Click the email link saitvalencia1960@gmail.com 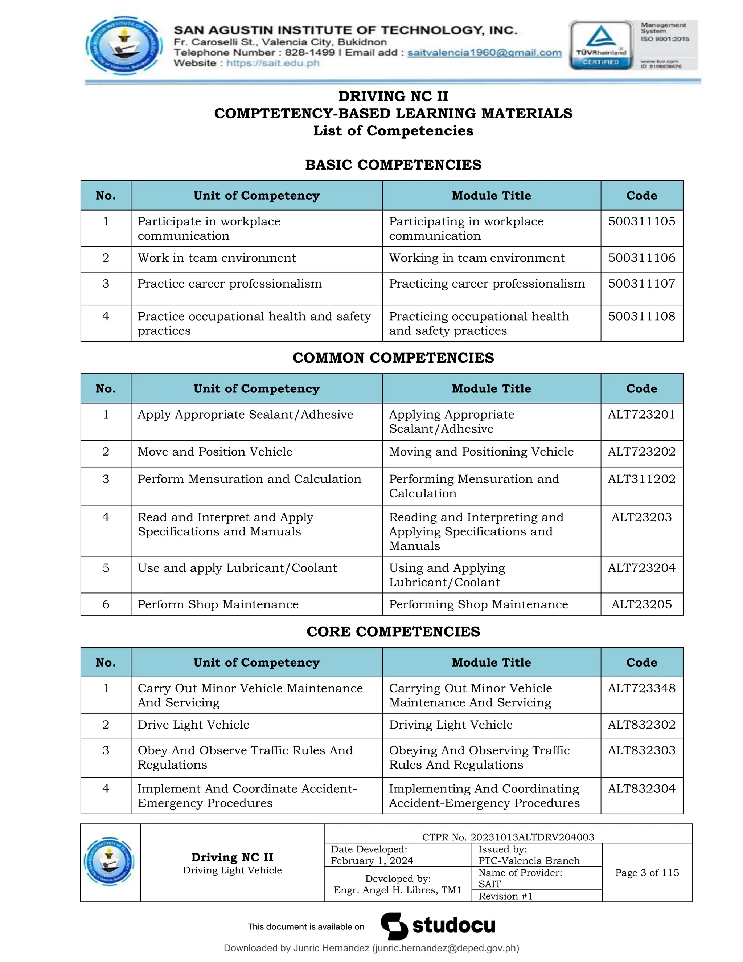pos(484,53)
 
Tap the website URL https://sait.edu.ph pos(272,63)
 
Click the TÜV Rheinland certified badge pos(600,45)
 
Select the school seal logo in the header pos(124,45)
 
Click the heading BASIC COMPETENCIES pos(393,165)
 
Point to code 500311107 pos(641,284)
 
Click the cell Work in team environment pos(217,258)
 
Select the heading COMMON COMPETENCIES pos(393,358)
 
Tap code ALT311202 pos(641,479)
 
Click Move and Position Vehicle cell pos(215,452)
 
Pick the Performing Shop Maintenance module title pos(479,605)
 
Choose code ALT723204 pos(641,568)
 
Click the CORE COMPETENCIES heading pos(393,632)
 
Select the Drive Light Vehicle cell pos(193,725)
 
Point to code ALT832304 pos(641,789)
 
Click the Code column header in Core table pos(641,663)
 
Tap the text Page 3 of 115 pos(646,873)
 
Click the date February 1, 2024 pos(371,861)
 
